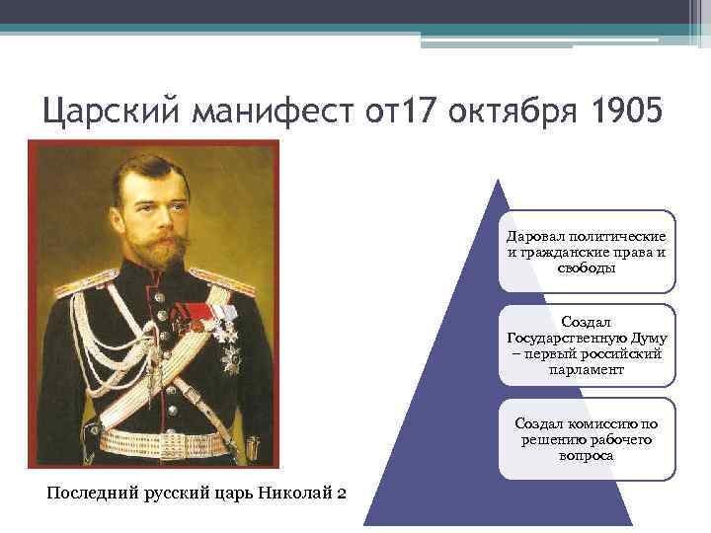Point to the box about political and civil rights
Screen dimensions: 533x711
[587, 253]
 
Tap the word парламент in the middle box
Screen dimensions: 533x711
[587, 370]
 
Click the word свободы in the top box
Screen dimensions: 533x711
[587, 268]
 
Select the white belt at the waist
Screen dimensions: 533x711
[148, 440]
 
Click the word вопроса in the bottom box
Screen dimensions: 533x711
[587, 455]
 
